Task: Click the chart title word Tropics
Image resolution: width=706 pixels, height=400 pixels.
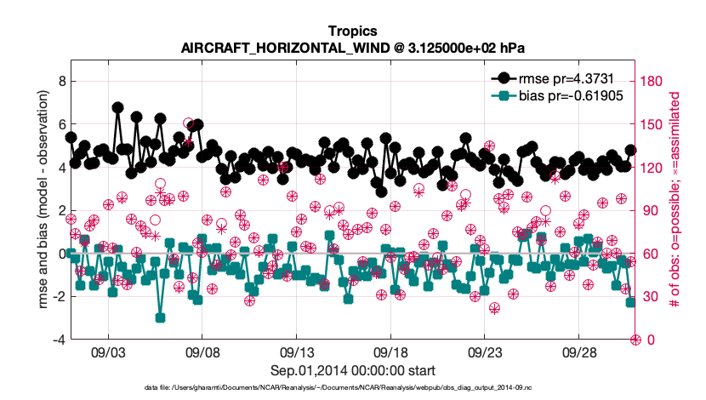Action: tap(352, 32)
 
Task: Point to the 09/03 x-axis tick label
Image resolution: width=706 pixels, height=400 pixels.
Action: tap(108, 351)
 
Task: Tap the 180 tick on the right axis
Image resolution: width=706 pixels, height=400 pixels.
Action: tap(651, 81)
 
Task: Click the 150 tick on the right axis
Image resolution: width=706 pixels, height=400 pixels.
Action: tap(651, 124)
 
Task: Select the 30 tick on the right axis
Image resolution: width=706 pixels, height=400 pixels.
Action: tap(647, 296)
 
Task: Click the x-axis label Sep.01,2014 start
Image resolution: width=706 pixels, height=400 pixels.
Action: tap(352, 370)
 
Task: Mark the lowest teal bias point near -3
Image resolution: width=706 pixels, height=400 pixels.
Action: tap(160, 317)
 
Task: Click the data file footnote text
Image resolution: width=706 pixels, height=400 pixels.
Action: tap(352, 386)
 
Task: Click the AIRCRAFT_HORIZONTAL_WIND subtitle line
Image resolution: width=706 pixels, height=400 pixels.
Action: tap(352, 49)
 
